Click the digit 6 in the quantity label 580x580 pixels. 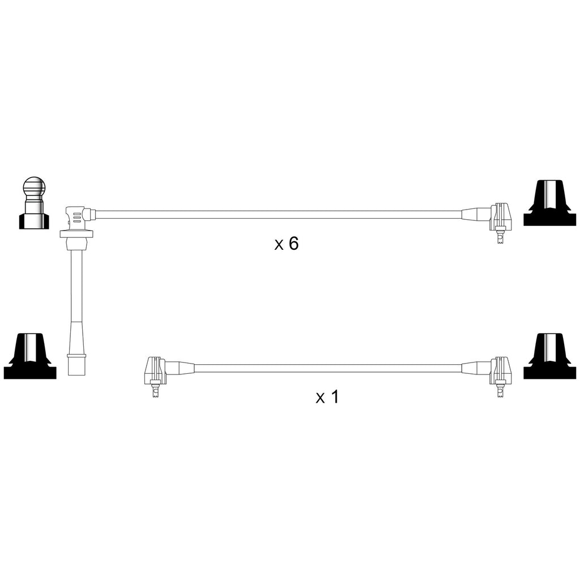tap(293, 244)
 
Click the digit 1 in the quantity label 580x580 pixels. tap(334, 397)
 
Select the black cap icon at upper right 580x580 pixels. tap(549, 203)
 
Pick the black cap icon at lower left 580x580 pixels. tap(30, 356)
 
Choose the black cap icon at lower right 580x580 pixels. tap(549, 356)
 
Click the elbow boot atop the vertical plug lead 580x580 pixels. tap(78, 217)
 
